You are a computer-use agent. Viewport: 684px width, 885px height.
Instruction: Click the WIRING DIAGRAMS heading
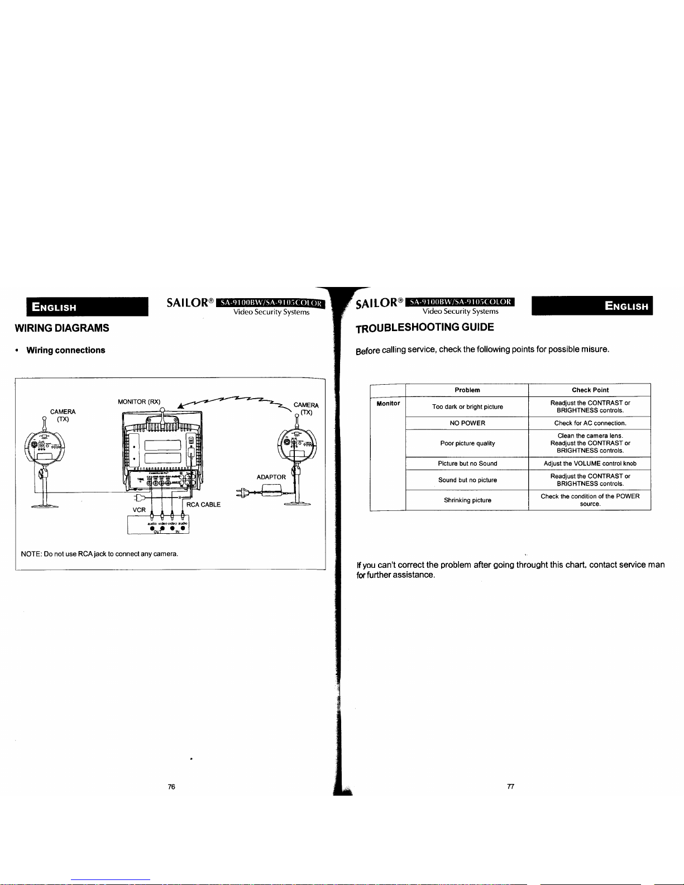click(x=62, y=328)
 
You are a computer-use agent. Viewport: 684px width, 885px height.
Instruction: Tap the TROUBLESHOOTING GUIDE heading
click(x=425, y=327)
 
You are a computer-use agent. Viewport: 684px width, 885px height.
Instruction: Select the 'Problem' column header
click(x=467, y=390)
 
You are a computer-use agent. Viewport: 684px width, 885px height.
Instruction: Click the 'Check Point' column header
click(x=590, y=390)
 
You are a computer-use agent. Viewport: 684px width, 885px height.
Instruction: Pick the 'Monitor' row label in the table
click(x=388, y=404)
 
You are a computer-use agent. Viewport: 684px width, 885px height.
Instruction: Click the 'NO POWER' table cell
click(x=467, y=423)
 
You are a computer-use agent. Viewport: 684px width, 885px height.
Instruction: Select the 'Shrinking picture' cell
click(x=467, y=500)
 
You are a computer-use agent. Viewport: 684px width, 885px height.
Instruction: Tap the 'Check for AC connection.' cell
click(x=590, y=423)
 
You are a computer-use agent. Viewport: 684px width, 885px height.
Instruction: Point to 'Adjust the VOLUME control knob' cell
click(x=590, y=463)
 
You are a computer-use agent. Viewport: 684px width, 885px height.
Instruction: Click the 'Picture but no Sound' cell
click(x=467, y=463)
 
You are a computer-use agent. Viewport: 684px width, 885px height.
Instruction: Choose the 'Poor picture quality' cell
click(x=467, y=443)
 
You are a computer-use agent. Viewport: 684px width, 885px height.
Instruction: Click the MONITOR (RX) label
click(x=139, y=401)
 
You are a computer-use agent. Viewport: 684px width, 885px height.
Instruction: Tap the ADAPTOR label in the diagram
click(x=271, y=477)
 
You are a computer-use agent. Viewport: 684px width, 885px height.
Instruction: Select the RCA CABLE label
click(x=203, y=505)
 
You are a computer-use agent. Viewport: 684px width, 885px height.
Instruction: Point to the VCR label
click(x=139, y=510)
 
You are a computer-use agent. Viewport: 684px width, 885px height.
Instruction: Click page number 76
click(x=171, y=787)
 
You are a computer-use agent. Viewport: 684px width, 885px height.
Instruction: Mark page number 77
click(x=510, y=787)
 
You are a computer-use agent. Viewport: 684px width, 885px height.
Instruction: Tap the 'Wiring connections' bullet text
click(x=65, y=351)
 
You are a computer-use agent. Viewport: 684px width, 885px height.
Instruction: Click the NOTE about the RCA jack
click(x=99, y=554)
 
